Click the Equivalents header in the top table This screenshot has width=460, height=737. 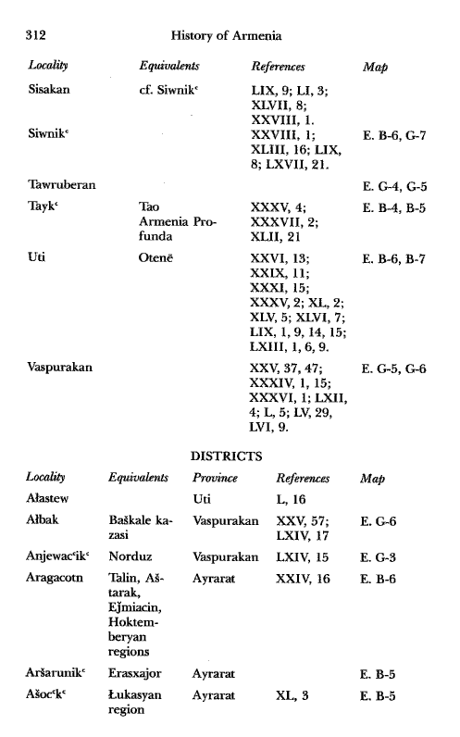point(169,68)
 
